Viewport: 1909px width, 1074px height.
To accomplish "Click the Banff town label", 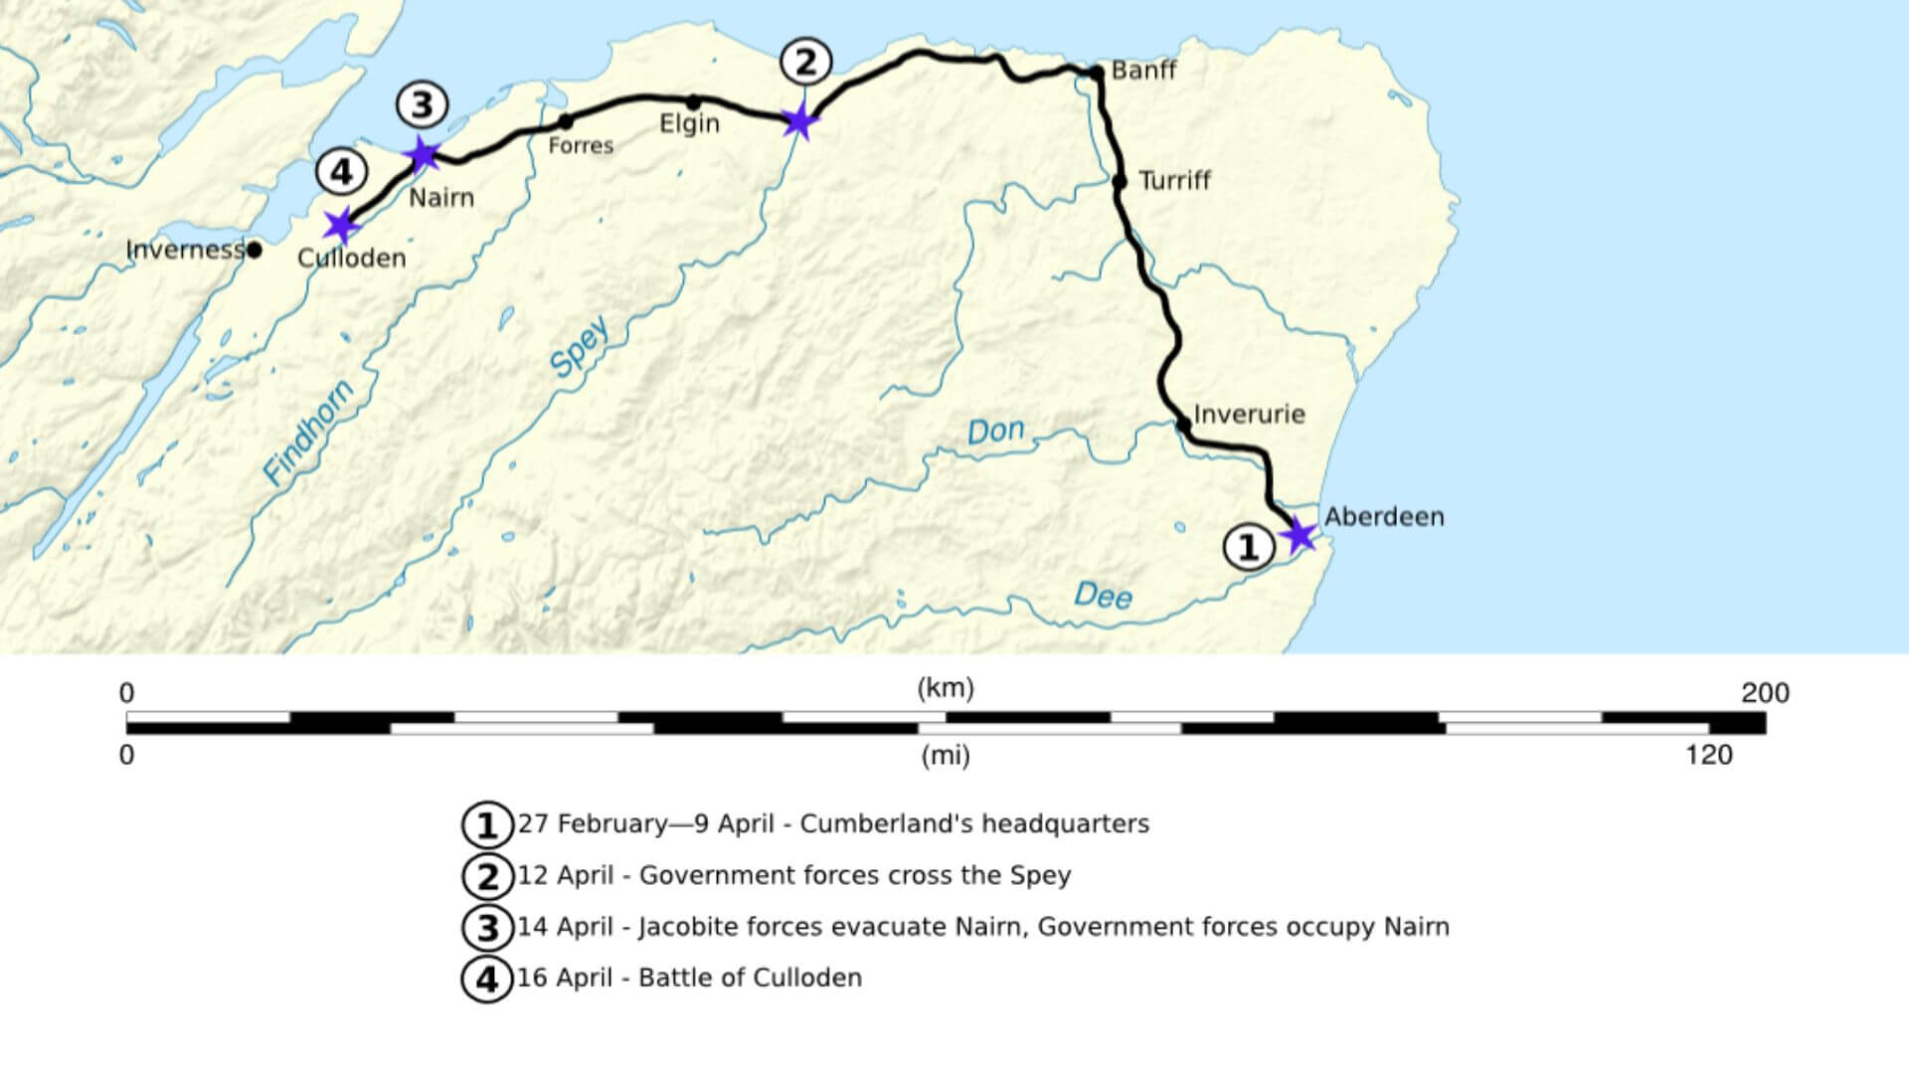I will click(1143, 71).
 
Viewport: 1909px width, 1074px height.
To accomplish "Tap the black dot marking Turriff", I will click(1120, 182).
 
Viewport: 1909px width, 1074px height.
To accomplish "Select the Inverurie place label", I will click(1249, 415).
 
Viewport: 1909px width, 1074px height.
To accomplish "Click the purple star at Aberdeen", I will click(1299, 536).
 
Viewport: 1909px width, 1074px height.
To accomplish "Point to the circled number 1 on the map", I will click(1248, 548).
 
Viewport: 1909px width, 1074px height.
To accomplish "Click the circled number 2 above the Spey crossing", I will click(804, 62).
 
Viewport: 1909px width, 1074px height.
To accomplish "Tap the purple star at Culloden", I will click(341, 225).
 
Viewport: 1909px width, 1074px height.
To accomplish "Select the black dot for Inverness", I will click(255, 250).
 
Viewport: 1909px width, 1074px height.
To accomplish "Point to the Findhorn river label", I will click(308, 433).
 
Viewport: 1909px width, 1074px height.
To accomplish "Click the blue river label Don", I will click(995, 431).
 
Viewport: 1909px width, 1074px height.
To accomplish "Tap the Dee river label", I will click(1103, 596).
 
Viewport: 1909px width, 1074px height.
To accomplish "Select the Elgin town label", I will click(689, 124).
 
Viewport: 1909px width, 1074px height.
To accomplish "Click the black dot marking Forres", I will click(566, 122).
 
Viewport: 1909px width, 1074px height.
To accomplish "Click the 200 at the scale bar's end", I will click(1765, 693).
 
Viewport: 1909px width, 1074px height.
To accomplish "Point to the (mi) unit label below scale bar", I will click(945, 757).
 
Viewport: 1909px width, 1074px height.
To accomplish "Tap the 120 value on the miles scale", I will click(1709, 756).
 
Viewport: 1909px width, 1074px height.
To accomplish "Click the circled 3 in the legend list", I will click(487, 928).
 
